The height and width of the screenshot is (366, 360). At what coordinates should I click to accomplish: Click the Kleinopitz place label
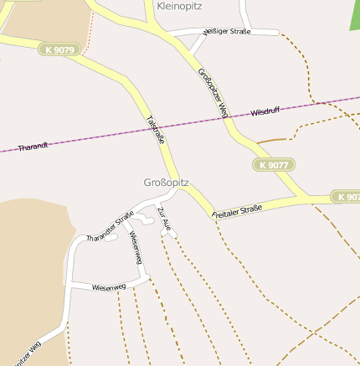(x=180, y=6)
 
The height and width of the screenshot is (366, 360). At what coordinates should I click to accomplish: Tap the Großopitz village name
(x=167, y=183)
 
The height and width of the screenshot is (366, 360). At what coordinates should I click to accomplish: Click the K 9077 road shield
(x=274, y=165)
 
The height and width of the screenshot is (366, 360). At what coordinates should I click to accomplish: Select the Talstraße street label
(x=155, y=129)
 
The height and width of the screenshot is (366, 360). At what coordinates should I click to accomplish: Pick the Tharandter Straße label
(x=110, y=229)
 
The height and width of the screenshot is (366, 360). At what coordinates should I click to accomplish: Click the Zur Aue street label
(x=164, y=217)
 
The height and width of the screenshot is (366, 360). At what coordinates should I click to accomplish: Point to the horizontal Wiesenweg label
(x=109, y=286)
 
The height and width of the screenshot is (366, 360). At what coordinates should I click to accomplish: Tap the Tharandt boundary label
(x=33, y=146)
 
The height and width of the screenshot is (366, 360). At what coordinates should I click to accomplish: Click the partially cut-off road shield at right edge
(x=347, y=197)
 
